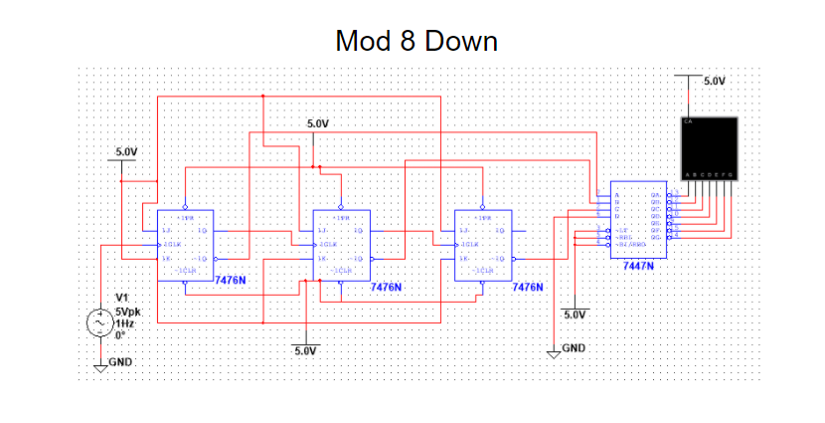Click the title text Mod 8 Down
point(415,42)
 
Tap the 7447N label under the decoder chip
point(638,267)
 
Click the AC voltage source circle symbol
point(100,322)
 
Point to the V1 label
point(121,298)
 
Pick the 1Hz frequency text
point(124,323)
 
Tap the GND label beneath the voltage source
point(121,361)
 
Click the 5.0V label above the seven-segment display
point(714,81)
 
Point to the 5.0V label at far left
point(126,151)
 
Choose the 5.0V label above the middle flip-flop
point(317,123)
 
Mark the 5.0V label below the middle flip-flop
point(304,351)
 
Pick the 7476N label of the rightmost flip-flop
point(527,287)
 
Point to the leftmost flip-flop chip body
point(185,245)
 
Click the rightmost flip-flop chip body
point(482,245)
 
